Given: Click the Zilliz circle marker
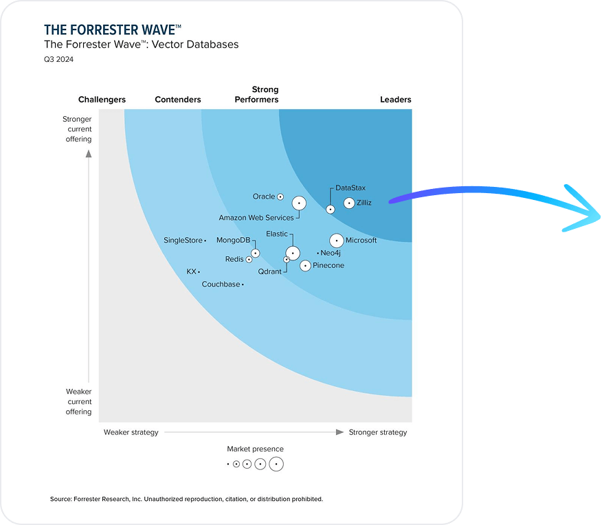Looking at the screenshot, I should point(349,203).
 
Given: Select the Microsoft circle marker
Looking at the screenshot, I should point(336,241).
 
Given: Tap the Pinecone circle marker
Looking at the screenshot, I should point(305,266).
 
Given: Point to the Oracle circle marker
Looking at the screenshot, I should point(280,197).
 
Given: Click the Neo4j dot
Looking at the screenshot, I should point(318,254).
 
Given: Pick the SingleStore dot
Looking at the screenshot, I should point(205,241).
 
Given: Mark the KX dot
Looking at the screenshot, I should point(199,272).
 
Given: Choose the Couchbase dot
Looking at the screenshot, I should point(243,284).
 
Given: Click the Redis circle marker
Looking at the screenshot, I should point(249,260).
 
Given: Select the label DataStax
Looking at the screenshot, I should point(350,188).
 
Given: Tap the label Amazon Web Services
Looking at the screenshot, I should point(256,218).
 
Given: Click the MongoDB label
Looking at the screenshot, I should point(233,240).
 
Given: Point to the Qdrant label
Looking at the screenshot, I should point(269,271).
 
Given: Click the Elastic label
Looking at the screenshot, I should point(277,234).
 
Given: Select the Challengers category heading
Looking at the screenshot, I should point(102,100).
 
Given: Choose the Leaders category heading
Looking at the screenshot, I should point(395,100).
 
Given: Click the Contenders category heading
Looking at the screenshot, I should point(178,100).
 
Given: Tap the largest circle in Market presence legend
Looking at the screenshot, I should point(276,465).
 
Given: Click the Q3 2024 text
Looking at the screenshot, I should point(58,59).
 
